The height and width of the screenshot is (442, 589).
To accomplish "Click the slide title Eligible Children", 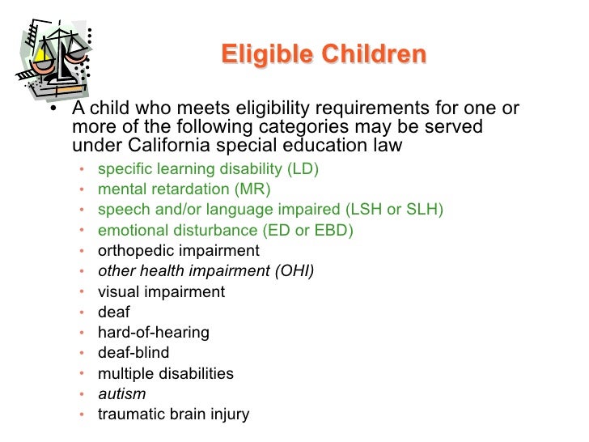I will (x=322, y=54).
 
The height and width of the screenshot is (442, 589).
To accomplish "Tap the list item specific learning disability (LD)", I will (x=208, y=169).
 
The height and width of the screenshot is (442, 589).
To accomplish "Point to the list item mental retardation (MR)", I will (x=184, y=189).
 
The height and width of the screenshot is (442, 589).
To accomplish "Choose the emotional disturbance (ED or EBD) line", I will (x=226, y=230).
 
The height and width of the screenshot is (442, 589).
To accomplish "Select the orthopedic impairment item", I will (x=178, y=250).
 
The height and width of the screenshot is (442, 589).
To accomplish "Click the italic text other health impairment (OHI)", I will (x=206, y=271).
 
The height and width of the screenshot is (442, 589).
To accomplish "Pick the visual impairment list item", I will (x=161, y=291).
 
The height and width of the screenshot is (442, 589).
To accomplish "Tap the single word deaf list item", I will (x=113, y=312).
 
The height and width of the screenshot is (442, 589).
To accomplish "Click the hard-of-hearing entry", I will (x=153, y=332).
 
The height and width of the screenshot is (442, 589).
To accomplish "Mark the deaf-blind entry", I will (x=133, y=353).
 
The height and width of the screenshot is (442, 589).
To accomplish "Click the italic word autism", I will (x=121, y=394).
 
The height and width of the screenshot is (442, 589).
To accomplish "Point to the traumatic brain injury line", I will (x=173, y=414).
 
